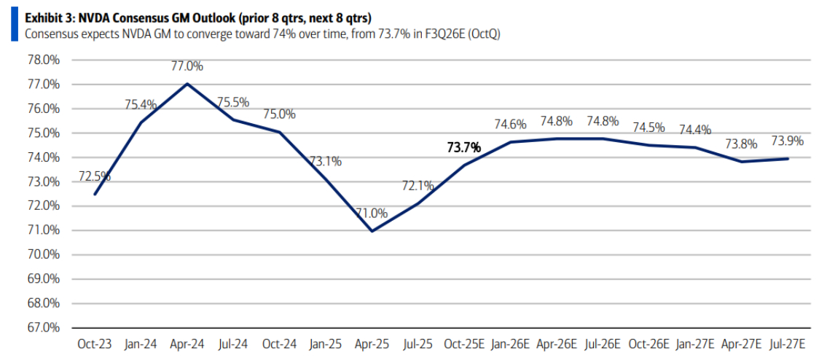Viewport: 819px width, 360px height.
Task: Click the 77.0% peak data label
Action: [x=187, y=66]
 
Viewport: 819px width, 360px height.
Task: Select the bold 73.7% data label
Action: [x=463, y=148]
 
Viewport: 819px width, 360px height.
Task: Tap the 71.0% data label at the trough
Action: [x=372, y=214]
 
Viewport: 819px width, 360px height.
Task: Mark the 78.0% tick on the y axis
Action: [x=44, y=60]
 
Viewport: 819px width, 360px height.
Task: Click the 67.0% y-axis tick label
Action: [x=44, y=327]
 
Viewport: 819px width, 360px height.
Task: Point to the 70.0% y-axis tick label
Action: [x=44, y=254]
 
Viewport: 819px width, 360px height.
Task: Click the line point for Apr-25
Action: [x=372, y=231]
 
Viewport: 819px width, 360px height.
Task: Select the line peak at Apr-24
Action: [x=187, y=84]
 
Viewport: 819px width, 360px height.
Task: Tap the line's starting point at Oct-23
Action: [x=95, y=194]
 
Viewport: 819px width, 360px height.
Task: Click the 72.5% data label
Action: [x=95, y=177]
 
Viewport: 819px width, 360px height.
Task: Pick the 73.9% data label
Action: [x=787, y=141]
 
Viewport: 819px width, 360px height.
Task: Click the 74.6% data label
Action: [x=510, y=124]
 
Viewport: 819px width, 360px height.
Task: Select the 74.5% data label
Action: [x=648, y=128]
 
